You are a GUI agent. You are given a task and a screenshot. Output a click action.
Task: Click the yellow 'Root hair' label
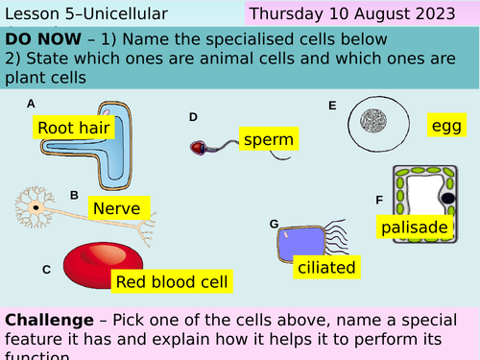point(74,127)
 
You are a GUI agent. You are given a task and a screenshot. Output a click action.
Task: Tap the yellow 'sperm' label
point(268,140)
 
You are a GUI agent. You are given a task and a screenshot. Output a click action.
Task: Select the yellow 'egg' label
point(447,125)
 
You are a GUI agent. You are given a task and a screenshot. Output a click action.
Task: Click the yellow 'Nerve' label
point(117,207)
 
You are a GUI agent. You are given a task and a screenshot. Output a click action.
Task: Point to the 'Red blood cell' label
point(172,281)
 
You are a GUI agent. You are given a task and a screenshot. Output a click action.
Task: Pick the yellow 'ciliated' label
point(326,267)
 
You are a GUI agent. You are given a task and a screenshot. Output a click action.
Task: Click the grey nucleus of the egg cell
point(372,122)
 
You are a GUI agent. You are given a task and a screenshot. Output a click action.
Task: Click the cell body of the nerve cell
point(36,206)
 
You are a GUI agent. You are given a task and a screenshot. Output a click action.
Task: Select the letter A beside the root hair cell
point(32,104)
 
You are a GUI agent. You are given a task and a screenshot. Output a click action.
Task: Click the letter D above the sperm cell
point(193,117)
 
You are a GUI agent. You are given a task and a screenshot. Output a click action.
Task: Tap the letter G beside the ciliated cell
point(274,224)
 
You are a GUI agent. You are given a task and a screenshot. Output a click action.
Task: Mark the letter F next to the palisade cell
point(379,200)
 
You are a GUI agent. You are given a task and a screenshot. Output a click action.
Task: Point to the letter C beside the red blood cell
point(46,271)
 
